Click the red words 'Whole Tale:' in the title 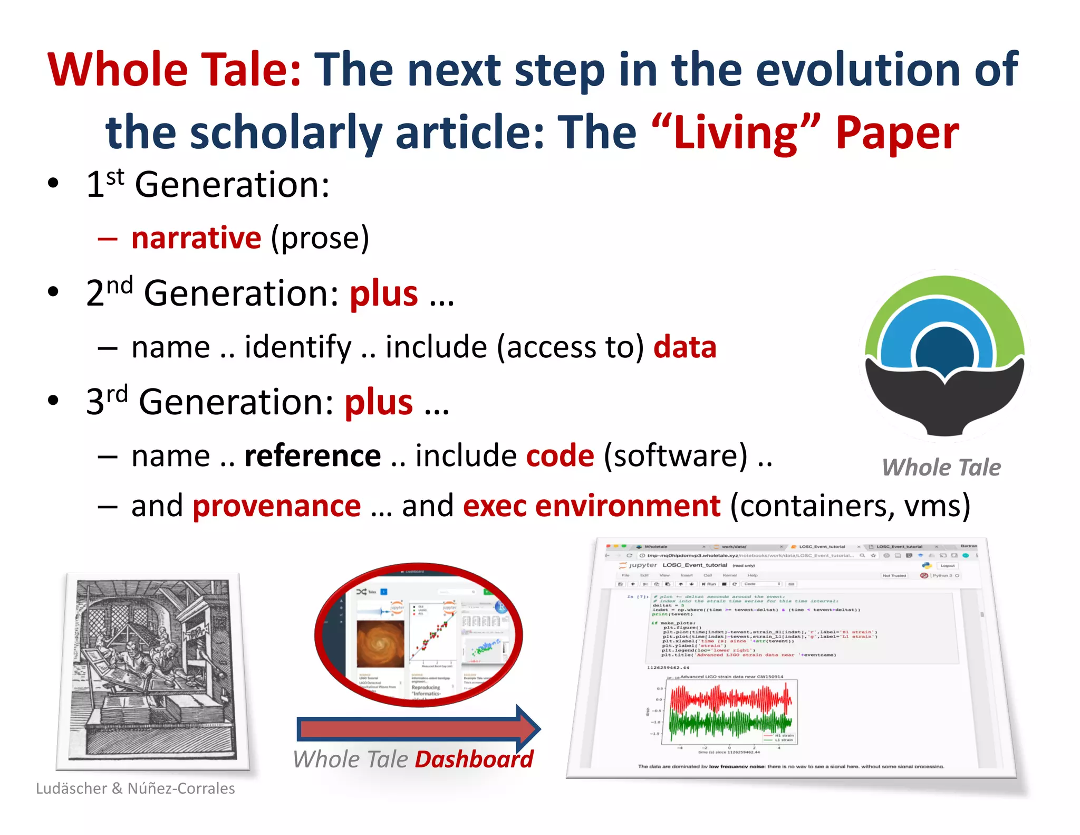(174, 70)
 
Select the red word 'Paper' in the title (897, 133)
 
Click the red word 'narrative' (196, 238)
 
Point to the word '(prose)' (320, 239)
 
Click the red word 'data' (684, 347)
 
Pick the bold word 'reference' (313, 456)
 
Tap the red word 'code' (560, 456)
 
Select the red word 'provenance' (277, 506)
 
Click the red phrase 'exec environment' (592, 506)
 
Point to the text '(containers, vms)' (850, 506)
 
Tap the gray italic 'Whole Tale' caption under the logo (941, 468)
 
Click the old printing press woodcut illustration (152, 670)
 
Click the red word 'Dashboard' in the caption (474, 760)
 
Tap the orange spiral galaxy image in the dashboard (380, 643)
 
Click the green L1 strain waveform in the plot (730, 724)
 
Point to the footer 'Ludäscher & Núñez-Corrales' (136, 789)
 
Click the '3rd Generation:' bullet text (210, 402)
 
